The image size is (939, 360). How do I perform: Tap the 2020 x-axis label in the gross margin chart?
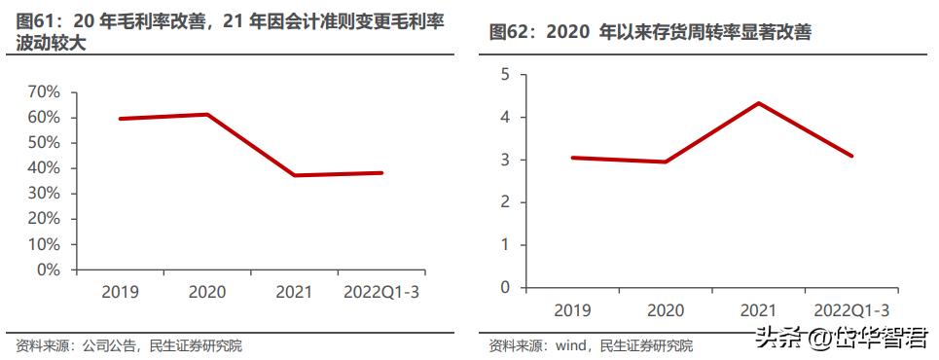206,291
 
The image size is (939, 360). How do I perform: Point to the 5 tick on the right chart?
504,75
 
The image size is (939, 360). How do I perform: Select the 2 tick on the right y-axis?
504,202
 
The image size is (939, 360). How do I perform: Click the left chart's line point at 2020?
207,115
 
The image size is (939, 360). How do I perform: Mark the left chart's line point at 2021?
294,175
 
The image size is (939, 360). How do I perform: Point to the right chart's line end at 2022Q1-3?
851,156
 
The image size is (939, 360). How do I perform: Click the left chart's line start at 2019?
120,119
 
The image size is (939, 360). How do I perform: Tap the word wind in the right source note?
568,344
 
